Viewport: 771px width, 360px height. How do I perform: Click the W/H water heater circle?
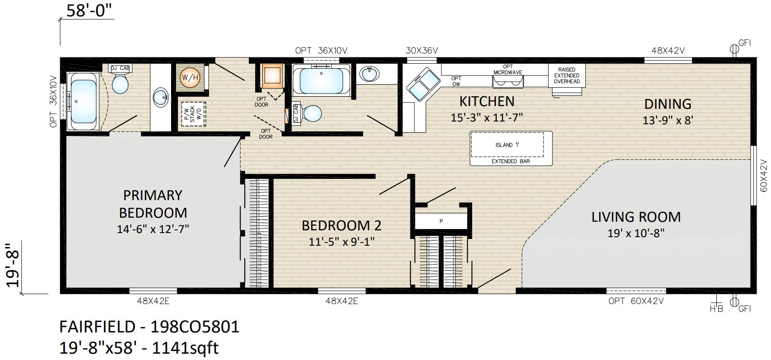tap(190, 77)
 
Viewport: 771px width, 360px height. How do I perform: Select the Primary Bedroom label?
tap(153, 204)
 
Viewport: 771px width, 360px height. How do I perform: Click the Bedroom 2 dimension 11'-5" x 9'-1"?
tap(341, 242)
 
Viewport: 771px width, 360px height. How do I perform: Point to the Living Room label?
tap(636, 217)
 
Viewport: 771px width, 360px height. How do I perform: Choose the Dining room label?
tap(668, 104)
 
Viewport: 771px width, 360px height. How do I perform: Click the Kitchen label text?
tap(487, 102)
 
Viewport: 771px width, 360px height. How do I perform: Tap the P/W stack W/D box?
tap(194, 114)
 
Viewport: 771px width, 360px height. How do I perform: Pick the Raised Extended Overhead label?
tap(567, 75)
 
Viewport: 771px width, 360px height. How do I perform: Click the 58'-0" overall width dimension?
tap(89, 11)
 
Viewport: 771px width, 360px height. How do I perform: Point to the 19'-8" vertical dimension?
tap(14, 265)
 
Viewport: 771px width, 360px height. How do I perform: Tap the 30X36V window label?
tap(422, 51)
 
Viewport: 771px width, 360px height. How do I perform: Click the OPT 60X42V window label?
tap(636, 301)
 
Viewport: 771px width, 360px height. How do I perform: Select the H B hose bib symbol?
tap(716, 304)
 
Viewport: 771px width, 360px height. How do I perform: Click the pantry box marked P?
tap(441, 221)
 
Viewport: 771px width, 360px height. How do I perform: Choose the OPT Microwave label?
tap(508, 70)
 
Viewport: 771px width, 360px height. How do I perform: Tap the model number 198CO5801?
tap(195, 327)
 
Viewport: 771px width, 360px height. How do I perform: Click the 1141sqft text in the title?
tap(185, 348)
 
